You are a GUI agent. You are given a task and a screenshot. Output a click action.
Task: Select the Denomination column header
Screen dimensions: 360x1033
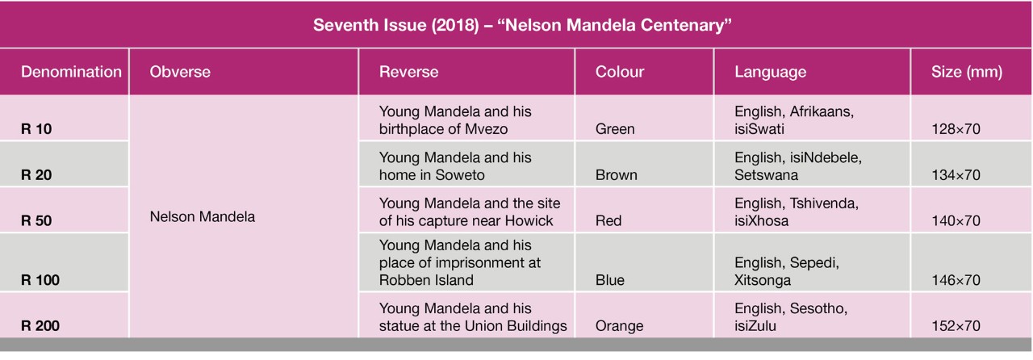tap(71, 72)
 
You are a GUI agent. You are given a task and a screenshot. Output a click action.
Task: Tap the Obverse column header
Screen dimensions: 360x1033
tap(180, 72)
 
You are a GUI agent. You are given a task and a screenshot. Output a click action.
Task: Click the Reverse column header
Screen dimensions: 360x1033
tap(409, 72)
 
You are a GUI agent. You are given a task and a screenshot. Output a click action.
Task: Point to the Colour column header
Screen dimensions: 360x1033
tap(620, 72)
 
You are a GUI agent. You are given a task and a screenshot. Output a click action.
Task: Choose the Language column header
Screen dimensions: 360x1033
tap(770, 72)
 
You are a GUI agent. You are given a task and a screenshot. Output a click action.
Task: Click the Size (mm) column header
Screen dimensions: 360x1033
tap(967, 72)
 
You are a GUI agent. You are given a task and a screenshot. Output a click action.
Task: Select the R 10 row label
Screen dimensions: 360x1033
tap(36, 128)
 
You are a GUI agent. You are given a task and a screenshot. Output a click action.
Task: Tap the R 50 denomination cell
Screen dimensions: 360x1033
tap(36, 220)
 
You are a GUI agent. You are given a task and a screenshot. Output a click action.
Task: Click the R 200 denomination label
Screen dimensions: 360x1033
tap(40, 326)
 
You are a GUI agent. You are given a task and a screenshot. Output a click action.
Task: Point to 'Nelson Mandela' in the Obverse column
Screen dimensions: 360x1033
tap(203, 217)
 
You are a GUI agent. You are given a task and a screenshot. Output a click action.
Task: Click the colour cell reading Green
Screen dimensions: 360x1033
tap(615, 128)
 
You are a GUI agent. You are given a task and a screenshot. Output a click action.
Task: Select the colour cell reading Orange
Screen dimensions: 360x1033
tap(619, 326)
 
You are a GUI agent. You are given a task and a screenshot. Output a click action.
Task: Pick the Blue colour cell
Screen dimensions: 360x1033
tap(609, 280)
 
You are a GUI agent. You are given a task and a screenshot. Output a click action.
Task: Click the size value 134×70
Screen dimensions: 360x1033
tap(955, 174)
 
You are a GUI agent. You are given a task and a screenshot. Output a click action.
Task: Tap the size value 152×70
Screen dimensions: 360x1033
tap(955, 326)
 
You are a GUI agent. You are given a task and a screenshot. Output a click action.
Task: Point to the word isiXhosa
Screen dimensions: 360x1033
tap(763, 220)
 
